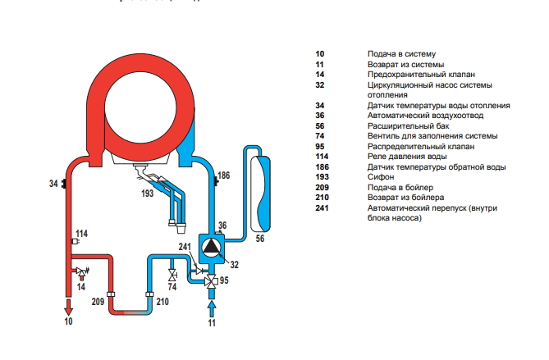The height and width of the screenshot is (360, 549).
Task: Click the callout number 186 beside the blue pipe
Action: tap(224, 175)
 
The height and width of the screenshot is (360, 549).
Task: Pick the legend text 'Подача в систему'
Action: tap(396, 53)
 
